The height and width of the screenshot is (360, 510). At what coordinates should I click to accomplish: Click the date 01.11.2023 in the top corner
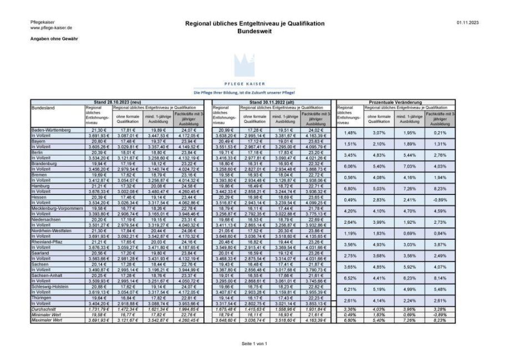pos(467,23)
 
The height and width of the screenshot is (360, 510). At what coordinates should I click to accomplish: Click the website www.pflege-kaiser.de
pos(51,28)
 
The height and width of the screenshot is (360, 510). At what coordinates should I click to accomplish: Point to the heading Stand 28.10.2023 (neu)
pos(117,102)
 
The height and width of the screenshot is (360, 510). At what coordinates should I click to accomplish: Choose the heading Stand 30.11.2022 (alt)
pos(270,102)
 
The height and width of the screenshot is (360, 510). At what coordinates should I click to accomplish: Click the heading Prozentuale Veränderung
pos(395,102)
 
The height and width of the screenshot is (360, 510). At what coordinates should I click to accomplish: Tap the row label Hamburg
pos(41,186)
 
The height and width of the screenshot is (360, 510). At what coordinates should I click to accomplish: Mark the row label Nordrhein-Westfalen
pos(54,231)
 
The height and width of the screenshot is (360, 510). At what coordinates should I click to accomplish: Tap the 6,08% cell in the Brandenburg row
pos(349,166)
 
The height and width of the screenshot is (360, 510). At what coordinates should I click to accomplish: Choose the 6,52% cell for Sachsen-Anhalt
pos(349,279)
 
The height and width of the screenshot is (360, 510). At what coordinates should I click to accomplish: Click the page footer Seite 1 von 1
pos(254,343)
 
